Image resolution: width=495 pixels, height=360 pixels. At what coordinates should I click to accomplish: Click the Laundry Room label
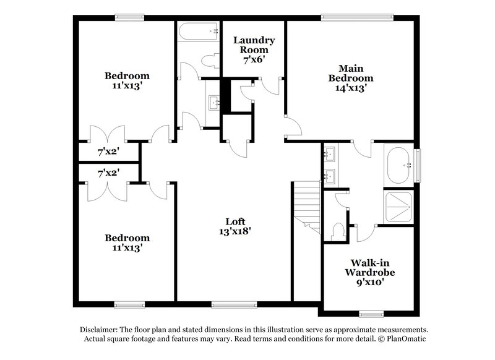(254, 45)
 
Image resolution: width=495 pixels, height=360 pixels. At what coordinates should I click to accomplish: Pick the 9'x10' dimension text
(369, 282)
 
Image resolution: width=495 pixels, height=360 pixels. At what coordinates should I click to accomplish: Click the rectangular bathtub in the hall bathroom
(199, 30)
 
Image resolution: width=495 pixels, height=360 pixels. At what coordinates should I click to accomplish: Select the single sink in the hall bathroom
(213, 102)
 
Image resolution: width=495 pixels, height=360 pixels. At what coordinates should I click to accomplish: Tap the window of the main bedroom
(346, 17)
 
